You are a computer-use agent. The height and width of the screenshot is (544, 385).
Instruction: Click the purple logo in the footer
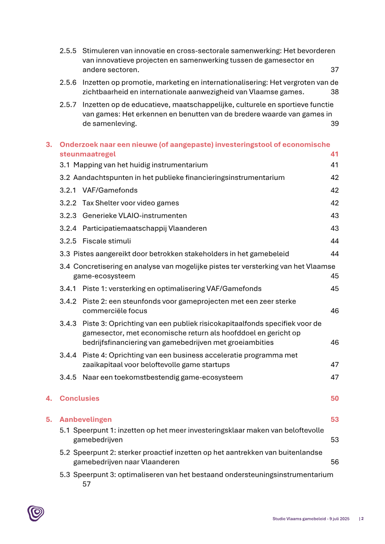tap(36, 513)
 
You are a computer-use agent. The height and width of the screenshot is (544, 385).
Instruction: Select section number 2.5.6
tap(68, 82)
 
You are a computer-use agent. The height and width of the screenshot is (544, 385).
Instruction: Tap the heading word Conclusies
tap(79, 398)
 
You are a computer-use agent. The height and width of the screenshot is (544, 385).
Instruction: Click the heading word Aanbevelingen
tap(86, 419)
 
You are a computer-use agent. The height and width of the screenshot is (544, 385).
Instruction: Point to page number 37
tap(334, 70)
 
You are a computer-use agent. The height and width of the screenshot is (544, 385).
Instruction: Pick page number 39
tap(334, 124)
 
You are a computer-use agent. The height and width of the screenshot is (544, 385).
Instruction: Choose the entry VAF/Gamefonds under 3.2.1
tap(110, 190)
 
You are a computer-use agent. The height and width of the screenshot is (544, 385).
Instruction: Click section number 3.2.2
tap(68, 203)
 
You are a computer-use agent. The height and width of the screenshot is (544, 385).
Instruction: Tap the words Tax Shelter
tap(100, 203)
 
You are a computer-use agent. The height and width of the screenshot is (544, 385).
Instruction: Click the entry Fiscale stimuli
tap(106, 241)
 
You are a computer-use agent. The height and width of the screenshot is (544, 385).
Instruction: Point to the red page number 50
tap(334, 398)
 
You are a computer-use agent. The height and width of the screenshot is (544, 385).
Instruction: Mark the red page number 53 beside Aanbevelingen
tap(334, 419)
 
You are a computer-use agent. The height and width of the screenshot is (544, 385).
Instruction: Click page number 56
tap(334, 462)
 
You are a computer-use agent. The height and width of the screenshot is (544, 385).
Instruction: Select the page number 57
tap(87, 484)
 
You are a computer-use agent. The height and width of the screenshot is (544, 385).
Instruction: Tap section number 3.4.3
tap(68, 323)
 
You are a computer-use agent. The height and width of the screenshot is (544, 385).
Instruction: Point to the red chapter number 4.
tap(49, 398)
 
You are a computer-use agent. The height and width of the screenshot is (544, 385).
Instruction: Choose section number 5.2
tap(65, 452)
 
